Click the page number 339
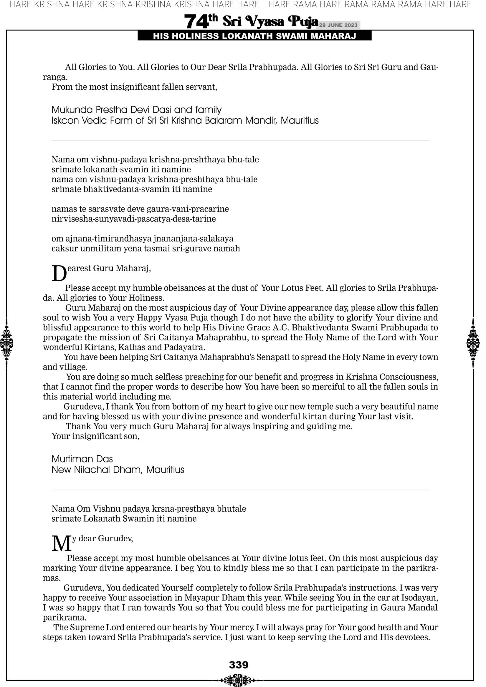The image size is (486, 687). [239, 665]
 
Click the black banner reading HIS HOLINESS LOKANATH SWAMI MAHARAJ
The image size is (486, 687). [254, 36]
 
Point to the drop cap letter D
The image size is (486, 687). [59, 274]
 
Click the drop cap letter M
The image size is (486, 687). [62, 544]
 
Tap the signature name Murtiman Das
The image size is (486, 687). [82, 459]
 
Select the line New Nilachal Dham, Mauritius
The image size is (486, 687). [118, 470]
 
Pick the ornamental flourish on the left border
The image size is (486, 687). [6, 343]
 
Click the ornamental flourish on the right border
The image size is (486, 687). [473, 343]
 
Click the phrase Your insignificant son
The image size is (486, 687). [96, 436]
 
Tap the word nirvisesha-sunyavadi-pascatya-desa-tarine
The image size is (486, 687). [134, 219]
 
